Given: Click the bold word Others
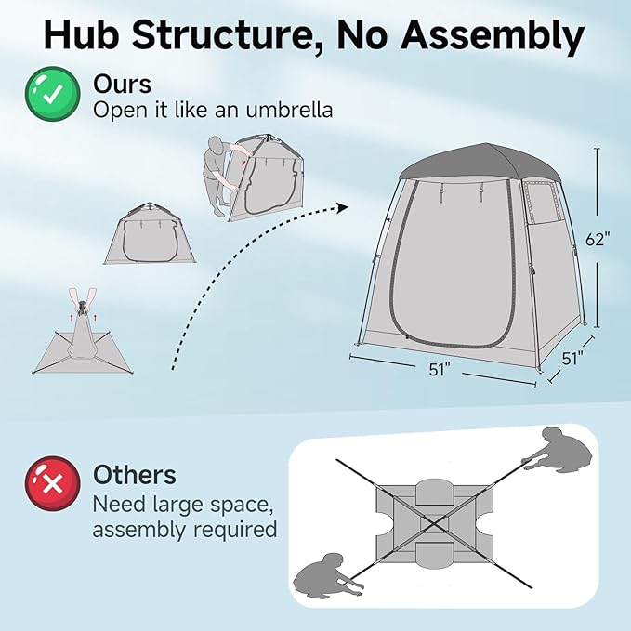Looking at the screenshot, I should (135, 475).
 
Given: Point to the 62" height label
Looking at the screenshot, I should (598, 238).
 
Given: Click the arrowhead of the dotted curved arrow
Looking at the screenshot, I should (344, 207).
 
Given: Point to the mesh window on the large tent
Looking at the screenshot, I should (539, 201).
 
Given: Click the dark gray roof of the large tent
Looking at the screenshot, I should (465, 163).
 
